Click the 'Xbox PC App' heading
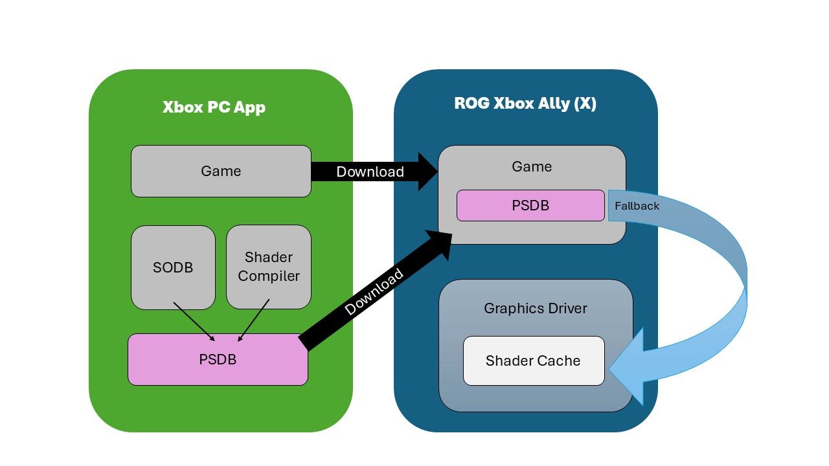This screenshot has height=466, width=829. pos(214,107)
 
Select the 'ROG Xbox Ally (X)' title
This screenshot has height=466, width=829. pos(525,104)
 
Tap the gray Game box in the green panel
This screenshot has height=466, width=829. pos(221,171)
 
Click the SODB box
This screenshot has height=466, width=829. pos(173,267)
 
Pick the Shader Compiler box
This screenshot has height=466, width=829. pos(269,267)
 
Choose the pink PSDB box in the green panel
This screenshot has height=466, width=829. pos(218,359)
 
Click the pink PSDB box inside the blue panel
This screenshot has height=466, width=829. pos(530,205)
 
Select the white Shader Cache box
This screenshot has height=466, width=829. pos(533,361)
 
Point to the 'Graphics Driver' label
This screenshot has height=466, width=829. pos(536,308)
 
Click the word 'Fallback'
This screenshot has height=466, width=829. pos(637,206)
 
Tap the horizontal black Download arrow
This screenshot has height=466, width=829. pos(369,172)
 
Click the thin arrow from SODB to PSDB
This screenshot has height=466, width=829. pos(194,321)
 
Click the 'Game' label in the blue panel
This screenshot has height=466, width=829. pos(532,166)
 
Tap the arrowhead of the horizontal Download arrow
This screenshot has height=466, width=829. pos(427,172)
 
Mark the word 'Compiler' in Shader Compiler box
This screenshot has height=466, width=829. pos(269,276)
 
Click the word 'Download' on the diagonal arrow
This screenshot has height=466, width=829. pos(374,292)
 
